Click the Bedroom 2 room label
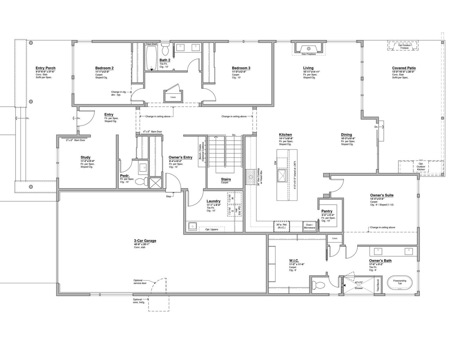point(104,68)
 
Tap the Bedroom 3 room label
point(241,68)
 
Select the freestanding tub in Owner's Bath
point(400,283)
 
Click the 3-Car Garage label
point(145,241)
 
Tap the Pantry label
point(327,211)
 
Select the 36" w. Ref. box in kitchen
point(282,226)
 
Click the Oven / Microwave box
point(309,226)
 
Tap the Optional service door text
point(140,282)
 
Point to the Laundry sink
point(192,226)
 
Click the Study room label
point(85,157)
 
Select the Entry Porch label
point(45,68)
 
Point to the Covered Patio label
point(404,68)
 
